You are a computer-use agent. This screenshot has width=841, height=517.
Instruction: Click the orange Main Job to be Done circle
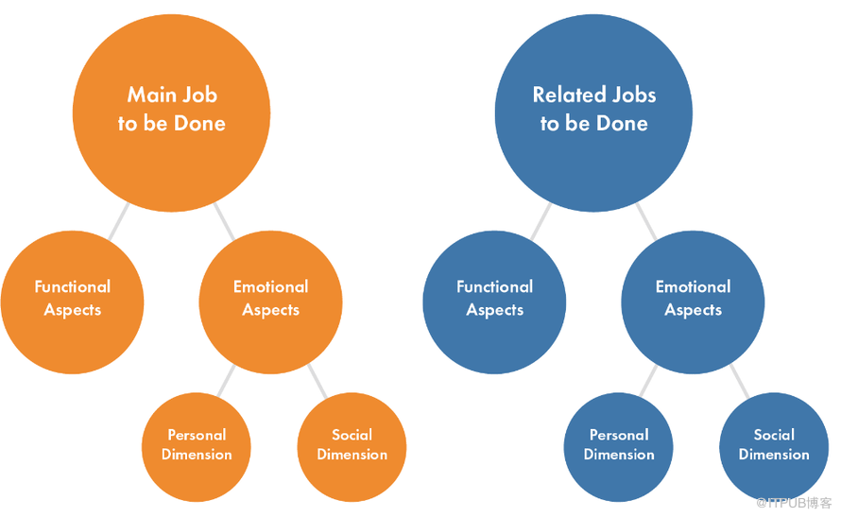tap(171, 109)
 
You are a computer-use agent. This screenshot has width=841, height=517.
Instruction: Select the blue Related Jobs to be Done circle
tap(593, 109)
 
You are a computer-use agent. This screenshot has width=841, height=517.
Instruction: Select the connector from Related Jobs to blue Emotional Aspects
tap(645, 220)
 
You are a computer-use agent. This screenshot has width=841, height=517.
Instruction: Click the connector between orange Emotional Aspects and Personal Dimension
tap(226, 381)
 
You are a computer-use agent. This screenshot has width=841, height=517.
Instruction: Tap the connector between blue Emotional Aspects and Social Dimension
tap(737, 381)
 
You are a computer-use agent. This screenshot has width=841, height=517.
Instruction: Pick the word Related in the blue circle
tap(569, 95)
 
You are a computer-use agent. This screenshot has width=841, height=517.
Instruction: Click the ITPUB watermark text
tap(794, 503)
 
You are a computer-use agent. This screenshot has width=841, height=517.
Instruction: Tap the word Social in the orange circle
tap(352, 435)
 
